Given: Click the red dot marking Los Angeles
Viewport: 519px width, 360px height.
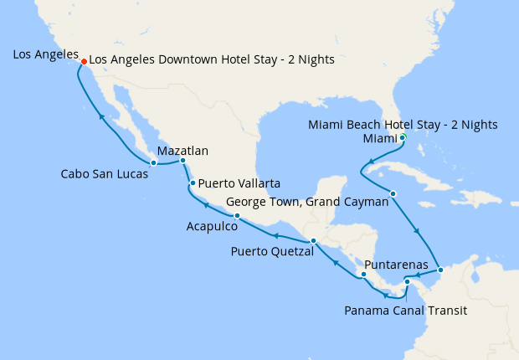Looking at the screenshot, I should [x=84, y=61].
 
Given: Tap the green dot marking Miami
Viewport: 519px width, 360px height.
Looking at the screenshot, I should [x=403, y=137].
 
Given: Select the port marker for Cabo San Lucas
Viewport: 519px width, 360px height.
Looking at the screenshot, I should [x=154, y=162].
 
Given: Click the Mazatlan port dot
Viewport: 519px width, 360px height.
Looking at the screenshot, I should [x=182, y=160].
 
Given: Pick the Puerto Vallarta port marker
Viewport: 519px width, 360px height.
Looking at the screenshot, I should [x=193, y=183].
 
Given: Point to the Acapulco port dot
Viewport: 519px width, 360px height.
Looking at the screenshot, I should [x=237, y=216].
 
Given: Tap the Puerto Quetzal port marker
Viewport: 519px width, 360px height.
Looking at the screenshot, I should [x=313, y=241].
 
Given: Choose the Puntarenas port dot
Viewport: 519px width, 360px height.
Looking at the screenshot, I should [x=363, y=275].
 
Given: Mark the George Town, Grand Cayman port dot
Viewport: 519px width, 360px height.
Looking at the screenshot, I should [x=393, y=194].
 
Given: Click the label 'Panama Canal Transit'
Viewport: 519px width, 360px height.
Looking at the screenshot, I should [x=405, y=311].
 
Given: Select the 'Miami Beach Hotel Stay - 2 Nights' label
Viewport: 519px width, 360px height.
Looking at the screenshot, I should [x=403, y=124].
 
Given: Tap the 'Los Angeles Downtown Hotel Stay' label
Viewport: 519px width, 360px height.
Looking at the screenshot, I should [x=211, y=59].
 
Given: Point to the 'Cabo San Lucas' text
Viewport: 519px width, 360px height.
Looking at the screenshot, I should [x=105, y=175].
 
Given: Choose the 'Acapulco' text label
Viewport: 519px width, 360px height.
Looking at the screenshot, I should [x=212, y=226].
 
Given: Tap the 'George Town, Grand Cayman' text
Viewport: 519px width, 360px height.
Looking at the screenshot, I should [x=308, y=202].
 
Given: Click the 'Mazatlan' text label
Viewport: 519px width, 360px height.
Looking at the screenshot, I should [x=182, y=151].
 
